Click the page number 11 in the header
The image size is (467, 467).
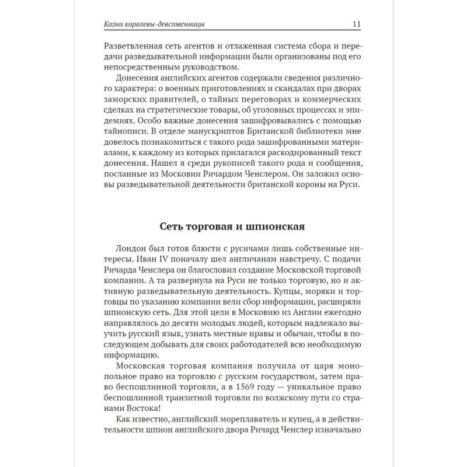point(357,24)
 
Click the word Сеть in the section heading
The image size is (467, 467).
point(173,226)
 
